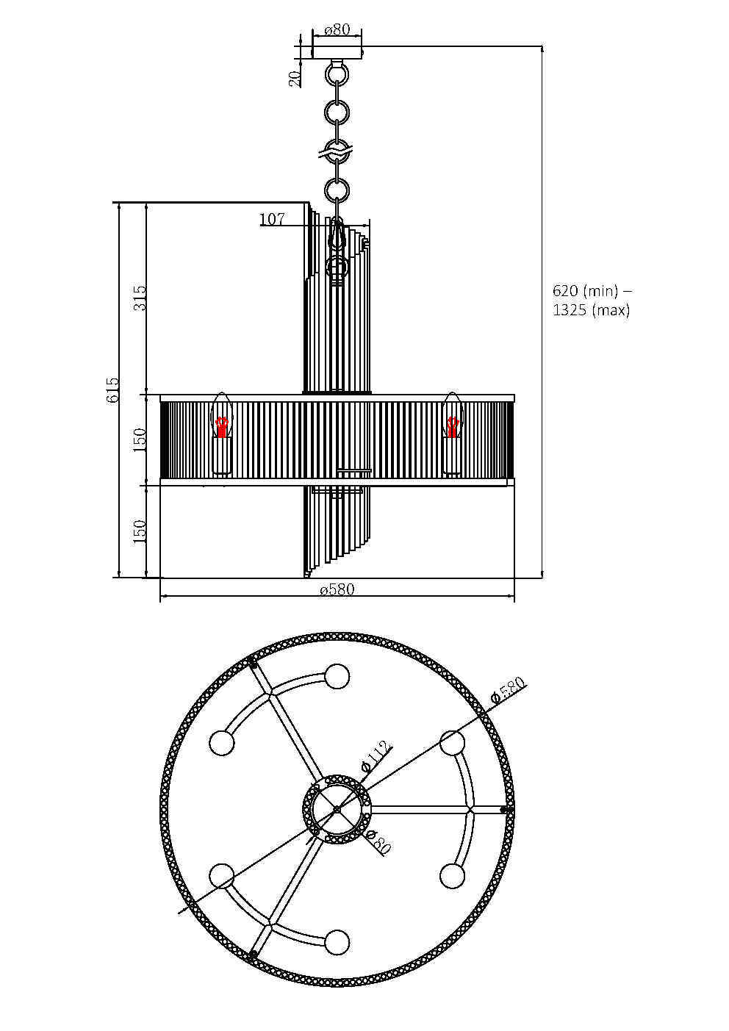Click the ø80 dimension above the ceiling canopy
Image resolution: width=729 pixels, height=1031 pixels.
337,30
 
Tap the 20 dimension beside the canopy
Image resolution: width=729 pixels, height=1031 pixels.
295,79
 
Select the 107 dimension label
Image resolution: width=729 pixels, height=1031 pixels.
272,219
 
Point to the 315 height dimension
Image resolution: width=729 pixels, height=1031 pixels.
140,298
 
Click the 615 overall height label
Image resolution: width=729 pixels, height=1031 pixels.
112,389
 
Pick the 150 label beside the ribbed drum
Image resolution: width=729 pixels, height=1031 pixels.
140,439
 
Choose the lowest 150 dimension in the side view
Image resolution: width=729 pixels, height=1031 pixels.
140,531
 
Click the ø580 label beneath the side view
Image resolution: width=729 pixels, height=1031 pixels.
337,590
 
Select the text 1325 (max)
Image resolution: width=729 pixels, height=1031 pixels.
592,310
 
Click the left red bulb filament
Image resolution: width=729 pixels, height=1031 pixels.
222,427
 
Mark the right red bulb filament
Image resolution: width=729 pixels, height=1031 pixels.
453,427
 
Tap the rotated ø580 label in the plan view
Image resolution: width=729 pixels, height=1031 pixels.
509,690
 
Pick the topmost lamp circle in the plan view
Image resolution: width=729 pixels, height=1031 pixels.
337,676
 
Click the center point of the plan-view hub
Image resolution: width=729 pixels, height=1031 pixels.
337,809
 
